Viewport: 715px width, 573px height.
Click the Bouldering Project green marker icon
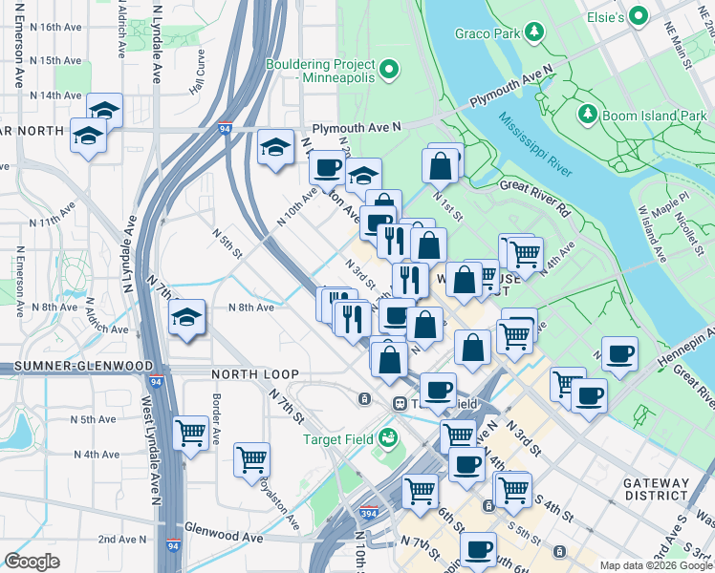click(390, 69)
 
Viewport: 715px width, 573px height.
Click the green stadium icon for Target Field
click(387, 438)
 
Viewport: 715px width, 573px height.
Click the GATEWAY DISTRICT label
click(655, 489)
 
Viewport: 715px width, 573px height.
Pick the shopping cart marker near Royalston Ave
click(252, 458)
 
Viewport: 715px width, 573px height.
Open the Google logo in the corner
click(32, 562)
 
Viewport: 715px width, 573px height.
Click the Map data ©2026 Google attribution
click(655, 565)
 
